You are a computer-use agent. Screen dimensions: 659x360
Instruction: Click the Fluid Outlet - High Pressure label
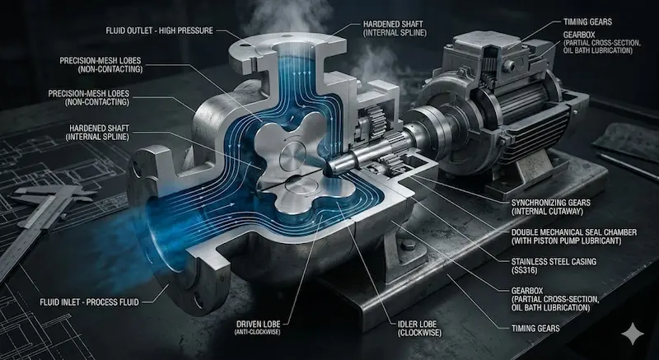[x=159, y=30]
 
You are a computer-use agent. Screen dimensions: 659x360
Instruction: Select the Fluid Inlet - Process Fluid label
[x=89, y=302]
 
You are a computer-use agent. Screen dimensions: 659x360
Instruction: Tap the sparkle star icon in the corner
[x=633, y=334]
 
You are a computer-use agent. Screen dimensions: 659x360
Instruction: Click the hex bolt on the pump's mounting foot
[x=408, y=245]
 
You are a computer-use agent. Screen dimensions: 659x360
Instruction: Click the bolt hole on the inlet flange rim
[x=198, y=299]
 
